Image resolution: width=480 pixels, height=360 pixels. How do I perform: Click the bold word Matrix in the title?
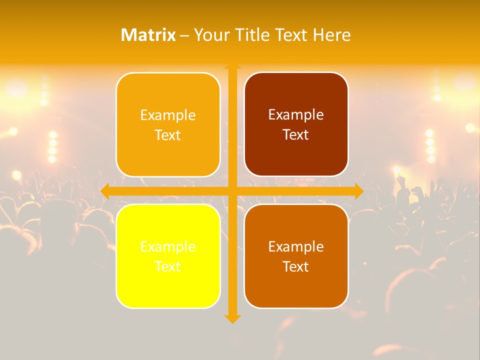click(148, 35)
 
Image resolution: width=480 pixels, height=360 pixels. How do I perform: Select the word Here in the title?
click(332, 35)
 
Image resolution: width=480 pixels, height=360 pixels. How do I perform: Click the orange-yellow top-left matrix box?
click(168, 125)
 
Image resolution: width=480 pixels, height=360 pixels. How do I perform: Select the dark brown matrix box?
click(296, 124)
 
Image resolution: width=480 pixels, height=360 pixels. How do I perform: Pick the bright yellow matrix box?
click(168, 256)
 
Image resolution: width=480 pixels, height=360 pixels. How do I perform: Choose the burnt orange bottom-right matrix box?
click(296, 256)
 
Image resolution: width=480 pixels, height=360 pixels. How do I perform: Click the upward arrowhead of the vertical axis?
click(232, 66)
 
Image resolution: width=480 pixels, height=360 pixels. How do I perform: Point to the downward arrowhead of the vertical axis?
click(232, 318)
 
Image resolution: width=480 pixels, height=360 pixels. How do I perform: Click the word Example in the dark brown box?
click(296, 114)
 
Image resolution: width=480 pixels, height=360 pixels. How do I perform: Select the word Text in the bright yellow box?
click(168, 266)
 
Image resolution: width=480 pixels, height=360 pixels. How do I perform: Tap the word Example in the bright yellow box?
click(168, 246)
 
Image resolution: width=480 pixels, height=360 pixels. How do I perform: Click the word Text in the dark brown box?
click(296, 134)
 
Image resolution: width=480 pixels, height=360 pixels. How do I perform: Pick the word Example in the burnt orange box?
click(296, 246)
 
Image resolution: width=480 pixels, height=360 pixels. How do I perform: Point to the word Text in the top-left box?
click(168, 135)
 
